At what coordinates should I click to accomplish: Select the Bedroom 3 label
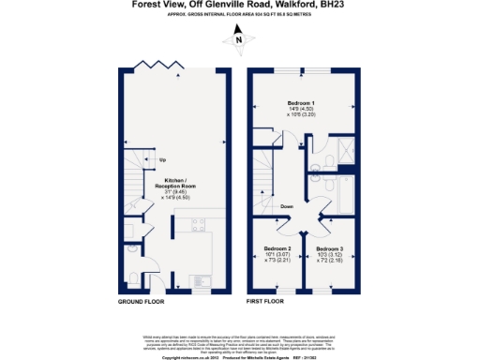point(332,248)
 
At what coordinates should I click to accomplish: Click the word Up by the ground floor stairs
point(162,159)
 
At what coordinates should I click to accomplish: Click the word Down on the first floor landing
point(287,205)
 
